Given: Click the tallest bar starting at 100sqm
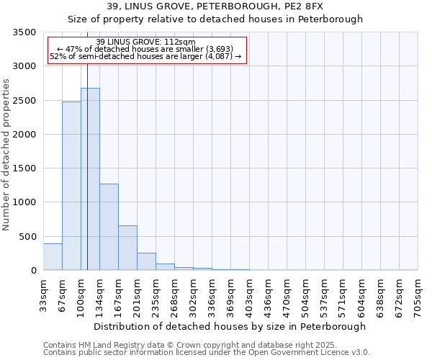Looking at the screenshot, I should [90, 179].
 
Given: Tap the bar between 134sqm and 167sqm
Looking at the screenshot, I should [109, 227].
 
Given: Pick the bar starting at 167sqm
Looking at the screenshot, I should [127, 248].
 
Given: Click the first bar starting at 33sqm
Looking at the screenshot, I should [53, 257].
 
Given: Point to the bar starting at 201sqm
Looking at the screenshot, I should [146, 261].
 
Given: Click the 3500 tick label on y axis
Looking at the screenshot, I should [24, 32].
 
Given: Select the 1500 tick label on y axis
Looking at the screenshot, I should [24, 168].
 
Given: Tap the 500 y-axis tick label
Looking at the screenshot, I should [27, 236].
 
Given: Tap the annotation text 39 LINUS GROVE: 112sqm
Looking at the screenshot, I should [145, 42].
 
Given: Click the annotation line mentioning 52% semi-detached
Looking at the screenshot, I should [145, 57].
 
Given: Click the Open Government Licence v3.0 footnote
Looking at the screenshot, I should [207, 353].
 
